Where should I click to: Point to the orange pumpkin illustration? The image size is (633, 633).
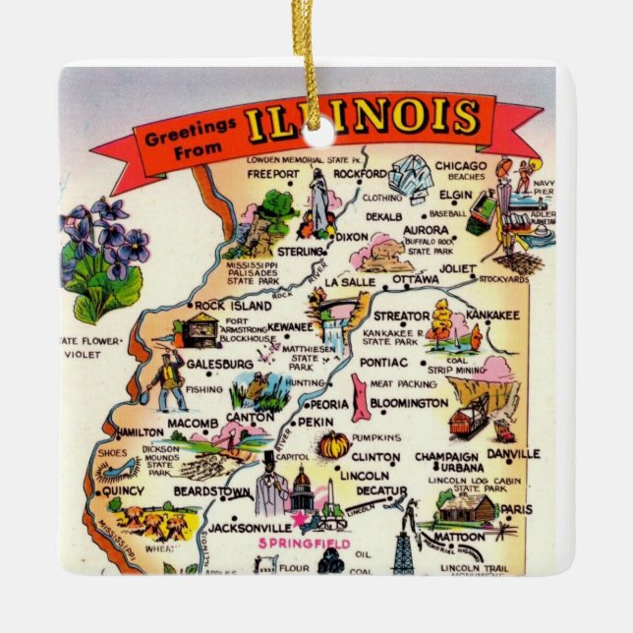(334, 445)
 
